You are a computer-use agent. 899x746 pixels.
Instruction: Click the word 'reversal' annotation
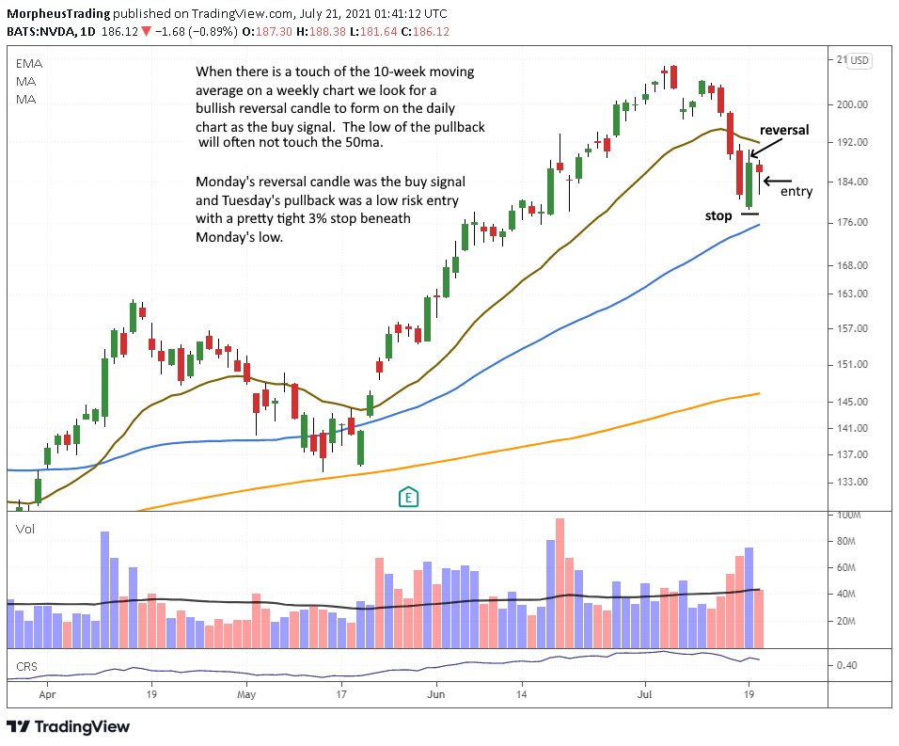pyautogui.click(x=783, y=130)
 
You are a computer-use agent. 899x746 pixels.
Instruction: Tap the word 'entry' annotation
pyautogui.click(x=796, y=192)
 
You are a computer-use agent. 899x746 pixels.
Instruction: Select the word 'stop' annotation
pyautogui.click(x=718, y=216)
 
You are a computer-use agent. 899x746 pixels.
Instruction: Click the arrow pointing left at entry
pyautogui.click(x=781, y=181)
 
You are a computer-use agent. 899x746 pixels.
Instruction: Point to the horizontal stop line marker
pyautogui.click(x=749, y=214)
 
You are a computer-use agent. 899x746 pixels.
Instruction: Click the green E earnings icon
pyautogui.click(x=408, y=496)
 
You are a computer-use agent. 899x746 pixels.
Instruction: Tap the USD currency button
pyautogui.click(x=860, y=61)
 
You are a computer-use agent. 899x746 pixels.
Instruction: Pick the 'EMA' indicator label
pyautogui.click(x=28, y=63)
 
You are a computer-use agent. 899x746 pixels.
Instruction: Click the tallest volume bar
pyautogui.click(x=560, y=583)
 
